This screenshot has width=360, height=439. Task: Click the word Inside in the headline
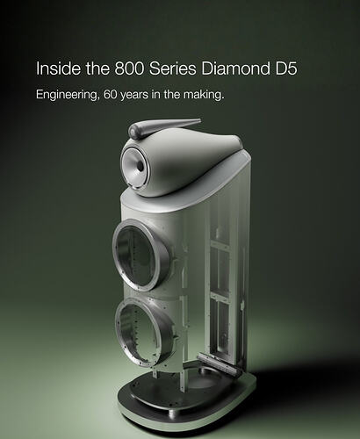pos(58,68)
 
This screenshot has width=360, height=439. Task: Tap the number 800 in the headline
pos(129,68)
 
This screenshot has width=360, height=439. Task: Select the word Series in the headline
pos(172,68)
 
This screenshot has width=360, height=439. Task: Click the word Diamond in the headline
pos(235,68)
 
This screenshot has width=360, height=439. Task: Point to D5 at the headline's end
pos(286,68)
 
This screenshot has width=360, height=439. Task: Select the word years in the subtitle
pos(135,96)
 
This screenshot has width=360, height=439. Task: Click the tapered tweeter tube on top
pos(164,126)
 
